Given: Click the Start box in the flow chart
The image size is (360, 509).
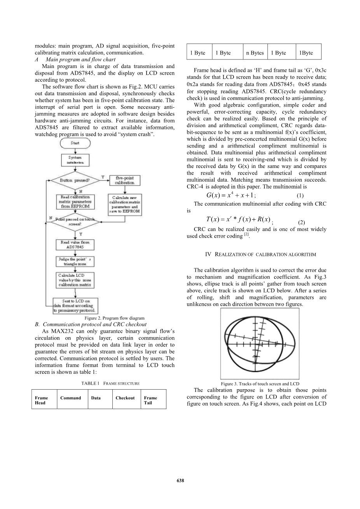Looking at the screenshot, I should [75, 143].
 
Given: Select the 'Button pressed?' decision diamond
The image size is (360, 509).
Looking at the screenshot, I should [75, 180].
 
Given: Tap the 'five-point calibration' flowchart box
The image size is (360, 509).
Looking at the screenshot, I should [125, 180].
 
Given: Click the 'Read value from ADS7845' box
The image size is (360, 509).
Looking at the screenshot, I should [75, 245].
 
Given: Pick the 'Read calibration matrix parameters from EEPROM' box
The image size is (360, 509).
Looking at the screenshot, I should [75, 202].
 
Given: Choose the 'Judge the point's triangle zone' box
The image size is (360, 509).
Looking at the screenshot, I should [75, 261].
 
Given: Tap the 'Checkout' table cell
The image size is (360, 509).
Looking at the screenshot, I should [125, 398].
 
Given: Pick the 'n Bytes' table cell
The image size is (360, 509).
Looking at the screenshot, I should [255, 53].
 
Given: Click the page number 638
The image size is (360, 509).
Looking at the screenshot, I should [180, 481].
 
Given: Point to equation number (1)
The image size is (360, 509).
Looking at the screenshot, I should [300, 196].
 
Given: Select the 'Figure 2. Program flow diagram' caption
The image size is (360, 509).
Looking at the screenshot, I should [114, 318].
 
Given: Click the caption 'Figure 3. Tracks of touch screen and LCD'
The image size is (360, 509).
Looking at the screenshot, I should [260, 384].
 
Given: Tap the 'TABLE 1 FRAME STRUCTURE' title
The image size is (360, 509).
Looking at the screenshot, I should [110, 383].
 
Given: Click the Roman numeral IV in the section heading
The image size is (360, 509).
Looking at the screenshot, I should [208, 254].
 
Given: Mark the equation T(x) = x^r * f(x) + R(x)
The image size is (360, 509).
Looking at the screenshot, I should [238, 220].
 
